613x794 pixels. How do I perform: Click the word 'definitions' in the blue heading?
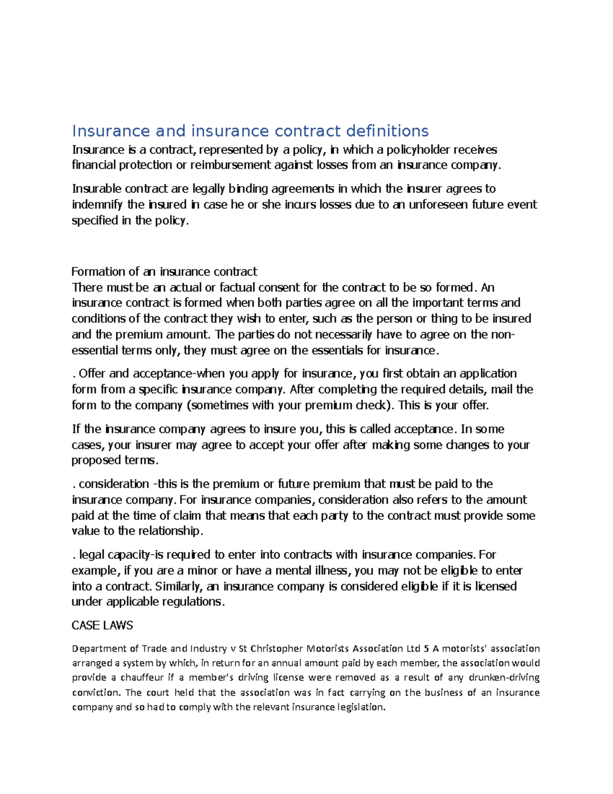coord(387,131)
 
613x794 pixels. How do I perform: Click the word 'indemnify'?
coord(97,205)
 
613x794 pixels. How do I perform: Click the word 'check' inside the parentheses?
coord(372,405)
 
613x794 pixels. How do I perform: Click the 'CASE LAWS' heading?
coord(102,625)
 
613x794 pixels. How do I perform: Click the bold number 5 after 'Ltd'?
coord(426,649)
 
